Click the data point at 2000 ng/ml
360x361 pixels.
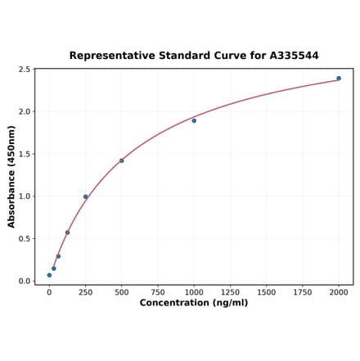(x=339, y=79)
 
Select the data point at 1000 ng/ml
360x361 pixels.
(x=194, y=120)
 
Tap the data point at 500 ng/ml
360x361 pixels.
(x=122, y=160)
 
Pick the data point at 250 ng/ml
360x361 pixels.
(x=85, y=196)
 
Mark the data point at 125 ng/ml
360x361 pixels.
(x=67, y=232)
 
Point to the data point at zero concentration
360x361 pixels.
(x=49, y=275)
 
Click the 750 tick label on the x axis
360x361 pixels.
(x=158, y=292)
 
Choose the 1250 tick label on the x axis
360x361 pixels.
(x=230, y=292)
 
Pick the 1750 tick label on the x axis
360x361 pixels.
(x=303, y=292)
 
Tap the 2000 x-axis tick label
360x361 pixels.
(x=339, y=292)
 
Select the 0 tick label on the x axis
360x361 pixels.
(x=49, y=292)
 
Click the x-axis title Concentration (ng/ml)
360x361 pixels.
(x=194, y=303)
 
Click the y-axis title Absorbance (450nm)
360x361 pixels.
(x=11, y=176)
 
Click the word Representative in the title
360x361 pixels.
(x=109, y=56)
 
